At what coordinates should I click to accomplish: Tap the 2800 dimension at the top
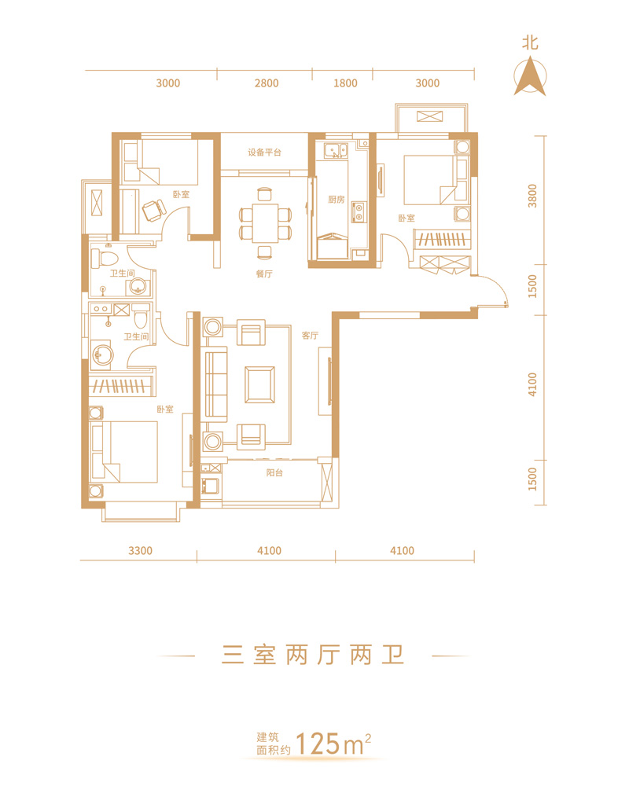tap(267, 83)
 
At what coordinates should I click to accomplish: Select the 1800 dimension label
tap(346, 83)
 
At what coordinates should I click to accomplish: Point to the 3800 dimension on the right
tap(532, 196)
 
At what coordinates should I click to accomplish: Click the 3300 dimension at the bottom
tap(141, 550)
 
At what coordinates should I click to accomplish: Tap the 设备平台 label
tap(264, 152)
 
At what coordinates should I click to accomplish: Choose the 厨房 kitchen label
tap(336, 200)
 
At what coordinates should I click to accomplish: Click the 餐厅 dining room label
tap(264, 274)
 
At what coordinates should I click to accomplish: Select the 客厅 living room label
tap(310, 336)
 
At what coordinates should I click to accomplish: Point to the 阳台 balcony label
tap(274, 472)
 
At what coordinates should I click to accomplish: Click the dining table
tap(265, 222)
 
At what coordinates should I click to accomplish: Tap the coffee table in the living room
tap(259, 384)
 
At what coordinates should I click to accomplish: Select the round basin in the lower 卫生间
tap(102, 355)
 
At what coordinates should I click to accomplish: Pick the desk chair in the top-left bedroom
tap(153, 210)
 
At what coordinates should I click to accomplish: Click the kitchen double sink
tap(336, 150)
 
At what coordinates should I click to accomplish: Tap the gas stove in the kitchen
tap(359, 212)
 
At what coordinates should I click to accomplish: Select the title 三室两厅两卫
tap(313, 656)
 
